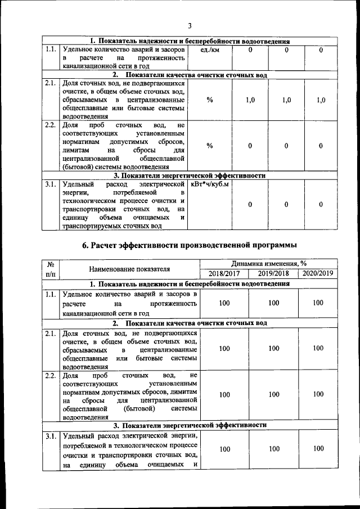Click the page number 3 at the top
click(x=190, y=25)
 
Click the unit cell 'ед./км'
click(x=209, y=51)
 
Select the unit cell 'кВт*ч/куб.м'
click(x=210, y=184)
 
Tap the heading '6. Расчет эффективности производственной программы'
click(x=189, y=245)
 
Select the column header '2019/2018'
click(x=273, y=273)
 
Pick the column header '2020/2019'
click(x=318, y=273)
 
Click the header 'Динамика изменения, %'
click(x=269, y=263)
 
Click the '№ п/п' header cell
click(x=51, y=268)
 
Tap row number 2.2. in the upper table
click(x=51, y=125)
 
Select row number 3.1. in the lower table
click(x=51, y=436)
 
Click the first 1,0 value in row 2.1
click(x=251, y=100)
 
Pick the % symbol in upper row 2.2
click(x=209, y=146)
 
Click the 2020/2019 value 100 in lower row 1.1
click(x=318, y=303)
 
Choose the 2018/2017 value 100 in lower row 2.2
click(x=224, y=395)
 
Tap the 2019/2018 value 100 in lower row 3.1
click(x=273, y=448)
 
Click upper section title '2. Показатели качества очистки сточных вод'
click(x=190, y=75)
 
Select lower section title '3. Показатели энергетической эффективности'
click(x=190, y=426)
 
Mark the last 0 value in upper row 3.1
click(x=321, y=205)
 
